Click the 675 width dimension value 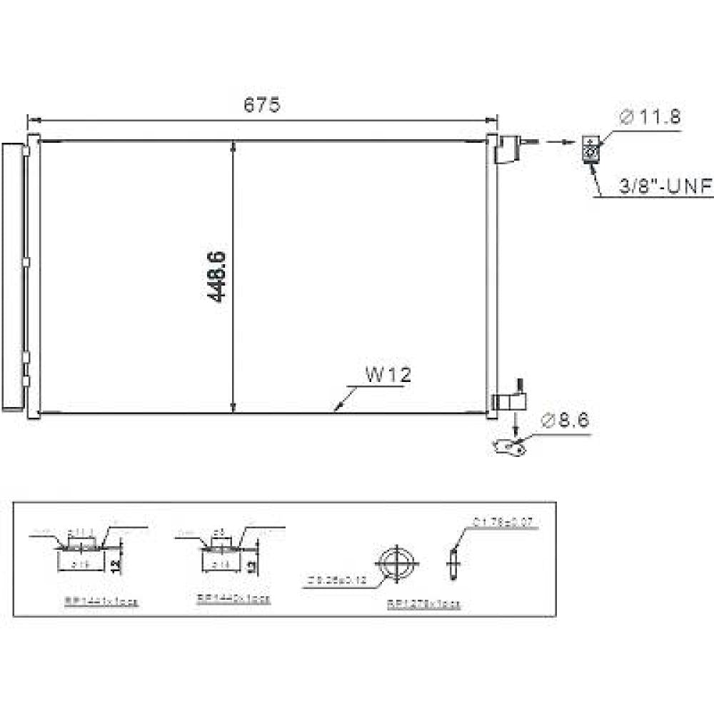tap(262, 105)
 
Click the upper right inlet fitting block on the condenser tap(506, 149)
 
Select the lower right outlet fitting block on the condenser tap(508, 401)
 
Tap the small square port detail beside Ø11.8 tap(590, 149)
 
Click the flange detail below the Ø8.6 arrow tap(508, 448)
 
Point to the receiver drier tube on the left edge tap(12, 276)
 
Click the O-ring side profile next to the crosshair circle tap(451, 562)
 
